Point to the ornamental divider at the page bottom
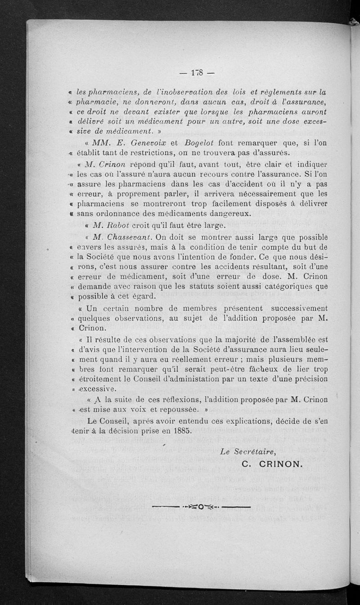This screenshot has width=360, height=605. [x=201, y=508]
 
